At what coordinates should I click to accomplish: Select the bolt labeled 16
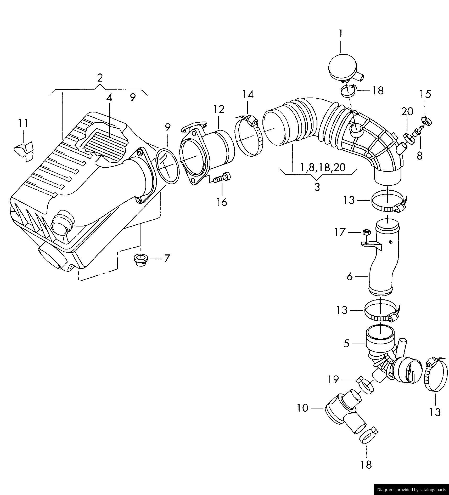222,178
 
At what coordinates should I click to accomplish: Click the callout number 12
219,109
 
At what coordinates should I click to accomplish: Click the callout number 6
350,276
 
